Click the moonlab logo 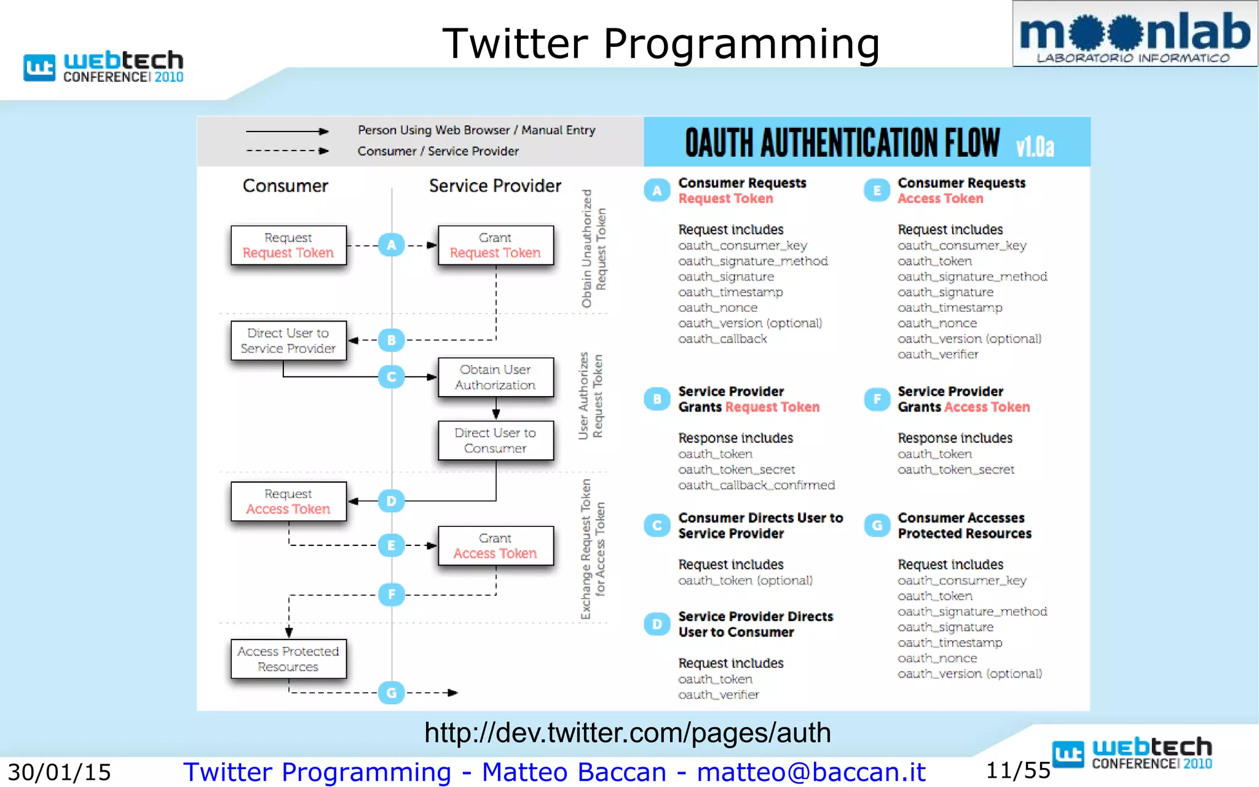(x=1134, y=34)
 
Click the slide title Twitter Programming (x=661, y=44)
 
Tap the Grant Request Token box (x=495, y=245)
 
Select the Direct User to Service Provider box (x=288, y=341)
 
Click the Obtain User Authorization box (x=495, y=377)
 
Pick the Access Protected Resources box (x=288, y=658)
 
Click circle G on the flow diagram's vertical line (x=392, y=693)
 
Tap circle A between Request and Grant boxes (x=392, y=245)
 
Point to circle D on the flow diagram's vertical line (x=392, y=501)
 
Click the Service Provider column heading (x=495, y=186)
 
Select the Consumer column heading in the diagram (x=285, y=186)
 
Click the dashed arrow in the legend (x=287, y=151)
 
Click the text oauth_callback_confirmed (x=756, y=485)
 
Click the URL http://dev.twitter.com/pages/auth (x=627, y=733)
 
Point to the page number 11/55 (x=1018, y=770)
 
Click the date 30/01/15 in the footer (x=59, y=772)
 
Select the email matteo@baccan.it (x=811, y=772)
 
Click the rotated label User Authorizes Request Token (x=590, y=396)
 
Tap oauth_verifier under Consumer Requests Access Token (x=937, y=354)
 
